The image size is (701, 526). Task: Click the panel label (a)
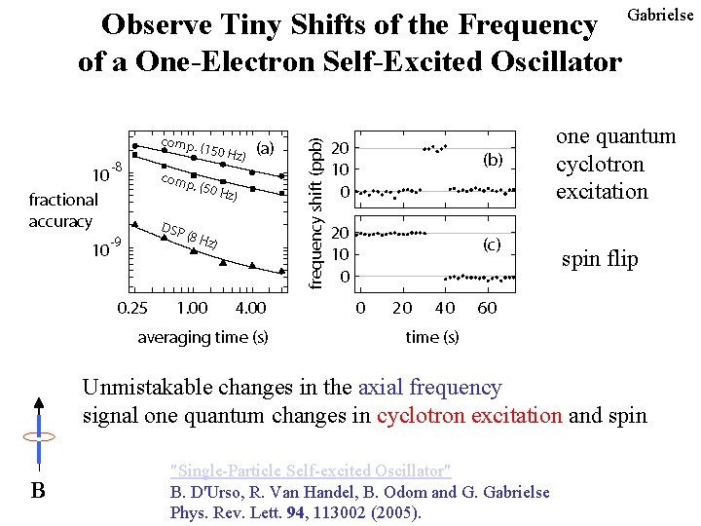coord(264,149)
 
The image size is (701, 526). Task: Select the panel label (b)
coord(493,160)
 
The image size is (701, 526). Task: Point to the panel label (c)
coord(493,245)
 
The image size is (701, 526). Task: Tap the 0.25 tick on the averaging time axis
coord(132,309)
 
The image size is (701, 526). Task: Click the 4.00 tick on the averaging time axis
coord(250,309)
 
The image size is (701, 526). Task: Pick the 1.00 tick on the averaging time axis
coord(192,309)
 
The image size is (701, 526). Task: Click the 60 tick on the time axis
coord(487,309)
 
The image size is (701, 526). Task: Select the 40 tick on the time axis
coord(444,309)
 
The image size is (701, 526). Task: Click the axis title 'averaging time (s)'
coord(203,337)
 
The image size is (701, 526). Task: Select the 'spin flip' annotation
coord(600,260)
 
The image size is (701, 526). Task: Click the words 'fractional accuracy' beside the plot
coord(63,210)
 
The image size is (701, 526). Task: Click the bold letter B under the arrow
coord(37,490)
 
